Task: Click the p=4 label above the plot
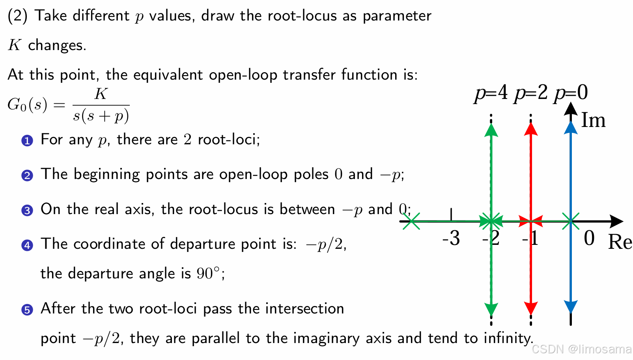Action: pos(491,93)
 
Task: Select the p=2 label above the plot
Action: pos(531,93)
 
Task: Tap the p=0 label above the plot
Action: pos(571,93)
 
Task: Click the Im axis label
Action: pos(593,120)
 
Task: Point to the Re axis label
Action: pos(620,242)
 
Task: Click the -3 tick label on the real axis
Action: pos(451,238)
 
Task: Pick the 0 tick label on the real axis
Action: pos(589,238)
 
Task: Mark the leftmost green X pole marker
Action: pos(412,221)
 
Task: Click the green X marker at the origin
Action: pos(571,221)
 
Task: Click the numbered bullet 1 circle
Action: pos(27,140)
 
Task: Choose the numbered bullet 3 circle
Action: pos(27,210)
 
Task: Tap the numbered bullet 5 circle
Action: pos(27,310)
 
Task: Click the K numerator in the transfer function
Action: pos(101,94)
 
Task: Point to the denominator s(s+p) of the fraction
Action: pos(101,116)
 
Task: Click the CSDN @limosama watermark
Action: pos(581,349)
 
